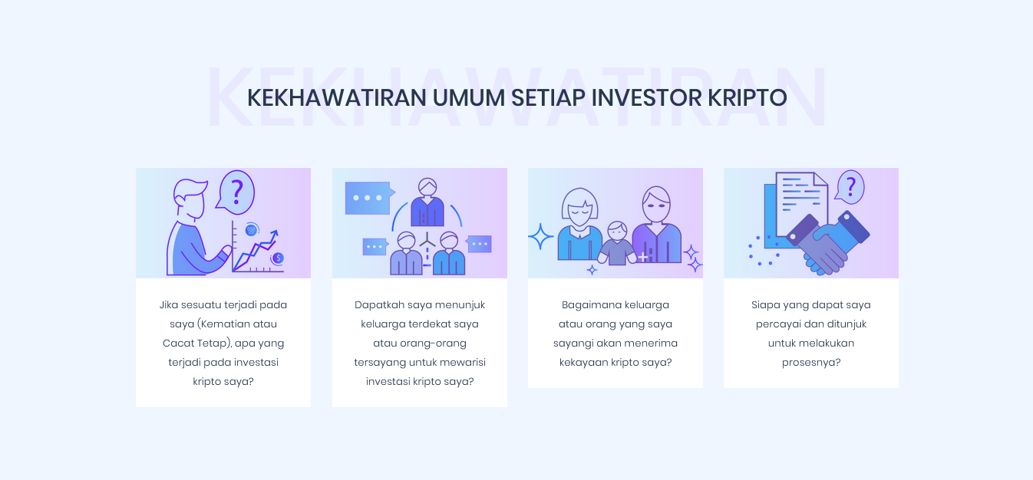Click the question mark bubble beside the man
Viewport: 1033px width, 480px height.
pyautogui.click(x=236, y=192)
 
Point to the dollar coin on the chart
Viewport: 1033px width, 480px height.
pyautogui.click(x=278, y=258)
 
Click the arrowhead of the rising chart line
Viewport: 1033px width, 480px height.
pyautogui.click(x=275, y=234)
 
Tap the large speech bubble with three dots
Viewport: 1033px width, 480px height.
pyautogui.click(x=370, y=198)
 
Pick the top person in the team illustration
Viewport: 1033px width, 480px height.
pyautogui.click(x=427, y=202)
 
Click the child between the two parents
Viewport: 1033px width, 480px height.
pyautogui.click(x=617, y=243)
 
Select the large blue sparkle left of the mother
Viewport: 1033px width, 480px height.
pyautogui.click(x=540, y=236)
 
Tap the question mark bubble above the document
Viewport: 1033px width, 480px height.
pyautogui.click(x=850, y=188)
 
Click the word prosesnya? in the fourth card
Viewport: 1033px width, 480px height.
pyautogui.click(x=811, y=363)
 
